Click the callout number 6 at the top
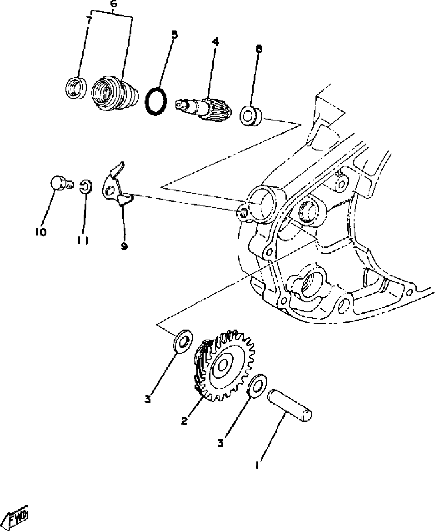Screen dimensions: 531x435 [113, 5]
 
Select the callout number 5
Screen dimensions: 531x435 [174, 35]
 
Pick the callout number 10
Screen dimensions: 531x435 [40, 232]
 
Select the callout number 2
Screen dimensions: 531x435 [185, 421]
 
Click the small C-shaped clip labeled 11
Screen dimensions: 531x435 [85, 186]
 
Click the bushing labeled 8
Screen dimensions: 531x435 [250, 116]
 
